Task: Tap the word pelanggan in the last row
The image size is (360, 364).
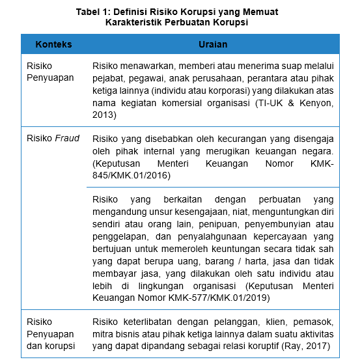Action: tap(232, 322)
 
